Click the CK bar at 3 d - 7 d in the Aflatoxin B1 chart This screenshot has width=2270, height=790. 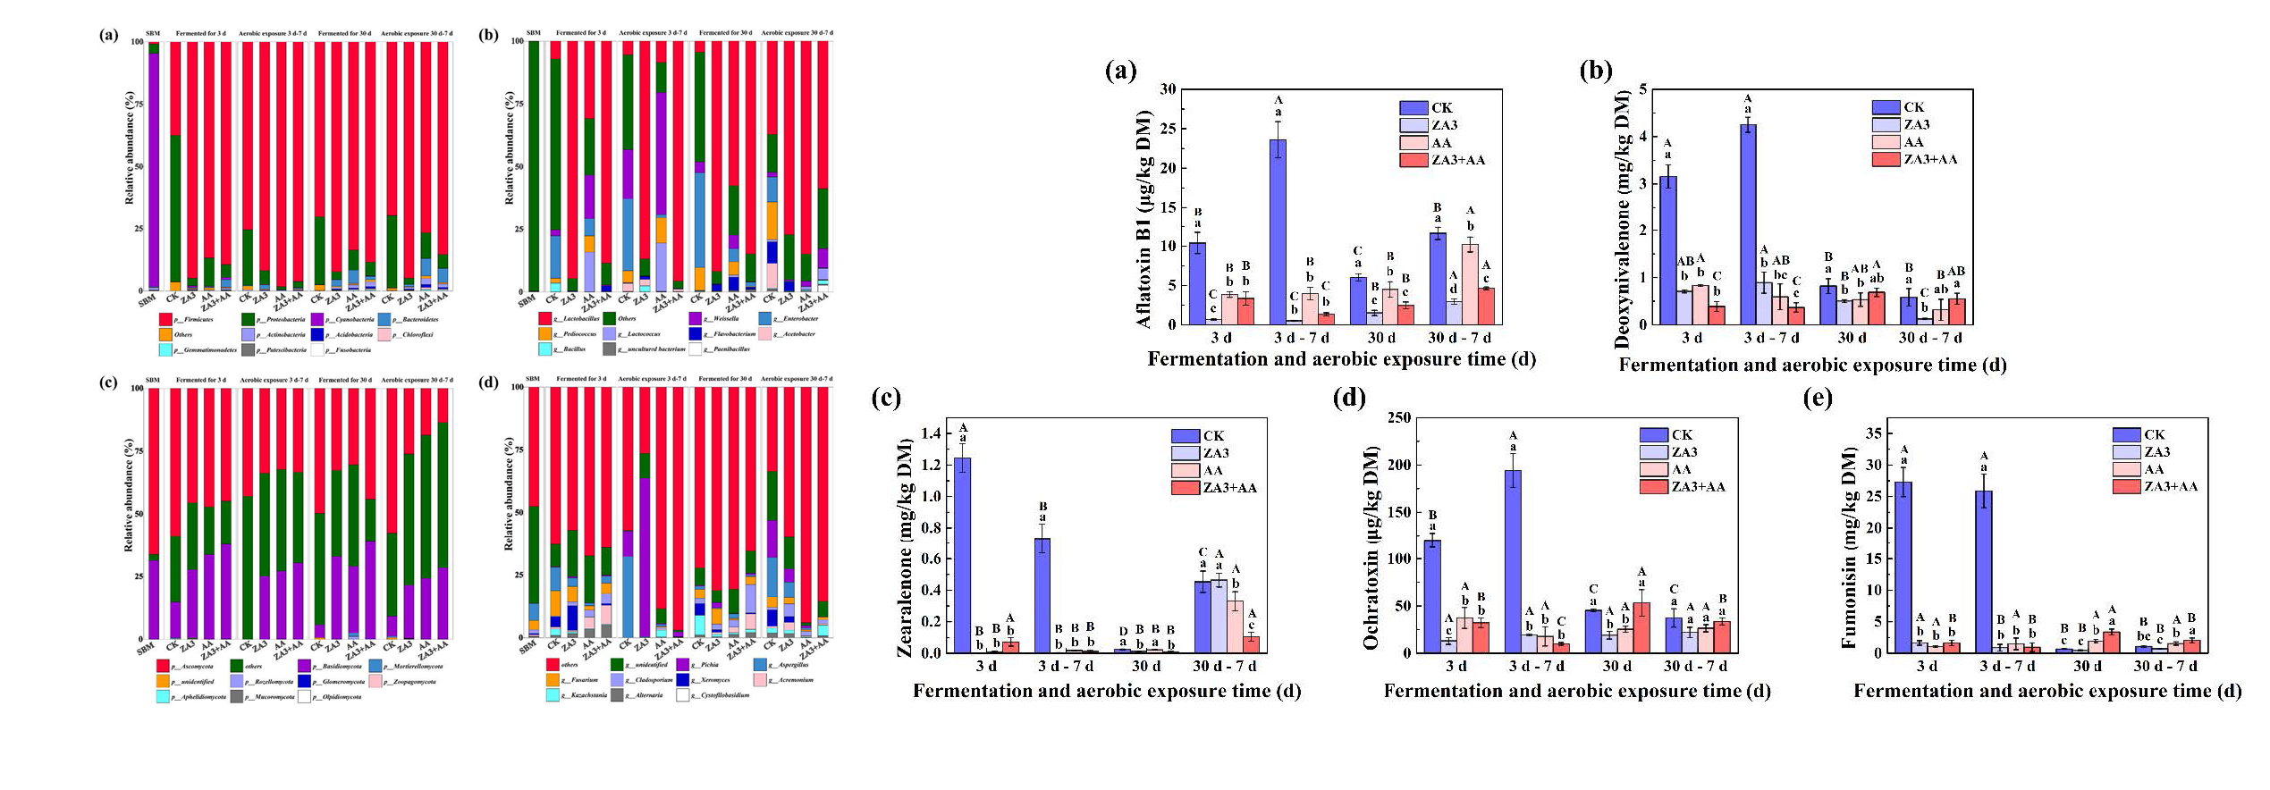point(1278,231)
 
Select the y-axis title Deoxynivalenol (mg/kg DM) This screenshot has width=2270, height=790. point(1623,219)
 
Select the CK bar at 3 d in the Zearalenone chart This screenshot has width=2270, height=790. point(963,555)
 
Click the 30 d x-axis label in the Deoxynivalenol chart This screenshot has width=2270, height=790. point(1852,338)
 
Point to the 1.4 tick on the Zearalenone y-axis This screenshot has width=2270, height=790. point(931,433)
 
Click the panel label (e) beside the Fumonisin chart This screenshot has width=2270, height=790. point(1818,398)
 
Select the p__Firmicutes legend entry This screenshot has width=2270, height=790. point(188,319)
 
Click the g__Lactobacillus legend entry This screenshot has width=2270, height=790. point(570,318)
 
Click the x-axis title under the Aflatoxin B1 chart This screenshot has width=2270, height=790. point(1341,359)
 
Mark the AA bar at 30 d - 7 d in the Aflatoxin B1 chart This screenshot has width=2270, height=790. point(1470,284)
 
